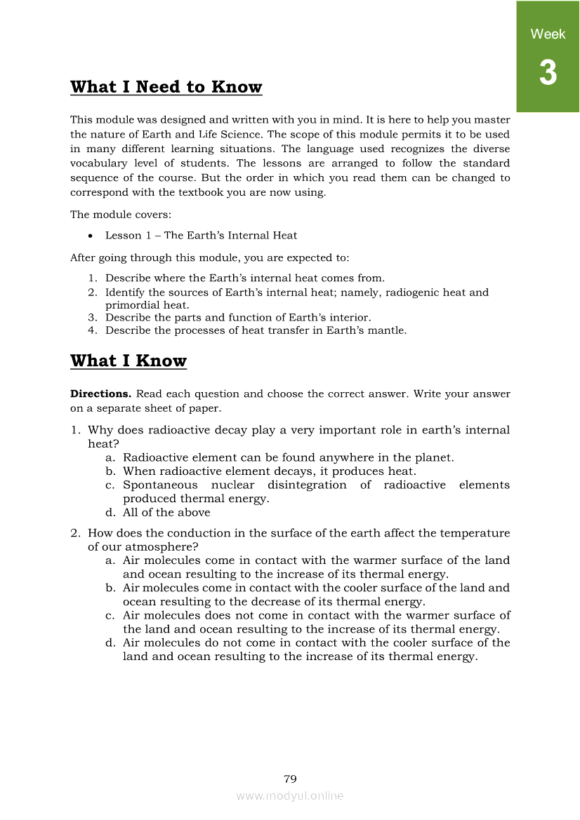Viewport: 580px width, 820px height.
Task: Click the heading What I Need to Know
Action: tap(166, 88)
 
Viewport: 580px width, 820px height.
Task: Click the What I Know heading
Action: tap(128, 361)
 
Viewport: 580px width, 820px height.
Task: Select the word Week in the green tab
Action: tap(548, 34)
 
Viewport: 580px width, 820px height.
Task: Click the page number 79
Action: tap(290, 779)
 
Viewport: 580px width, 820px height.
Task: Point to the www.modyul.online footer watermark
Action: tap(290, 795)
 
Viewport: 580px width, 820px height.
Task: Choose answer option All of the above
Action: tap(166, 512)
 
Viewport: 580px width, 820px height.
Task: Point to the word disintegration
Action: tap(307, 485)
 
